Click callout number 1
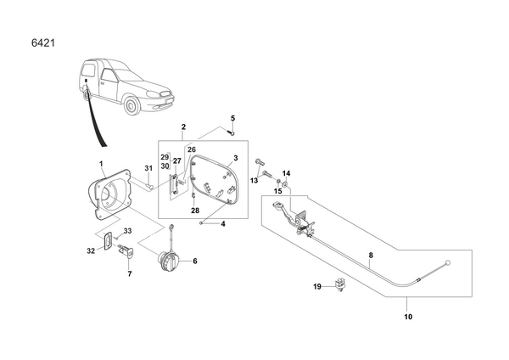(100, 163)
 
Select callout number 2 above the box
(183, 127)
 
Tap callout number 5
(233, 117)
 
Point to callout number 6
(194, 262)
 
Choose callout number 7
(129, 274)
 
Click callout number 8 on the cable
(370, 256)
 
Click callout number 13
(254, 180)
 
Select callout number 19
(318, 287)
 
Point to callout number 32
(91, 250)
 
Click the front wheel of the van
(131, 106)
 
